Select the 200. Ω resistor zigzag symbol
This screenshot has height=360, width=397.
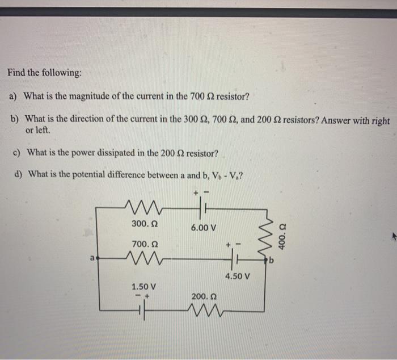(x=204, y=310)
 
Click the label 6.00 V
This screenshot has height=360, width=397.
(x=203, y=228)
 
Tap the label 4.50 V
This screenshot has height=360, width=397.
(x=236, y=277)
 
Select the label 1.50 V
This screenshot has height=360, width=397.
(x=143, y=286)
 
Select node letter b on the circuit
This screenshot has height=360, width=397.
(x=273, y=262)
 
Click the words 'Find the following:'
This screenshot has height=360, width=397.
(x=44, y=73)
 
